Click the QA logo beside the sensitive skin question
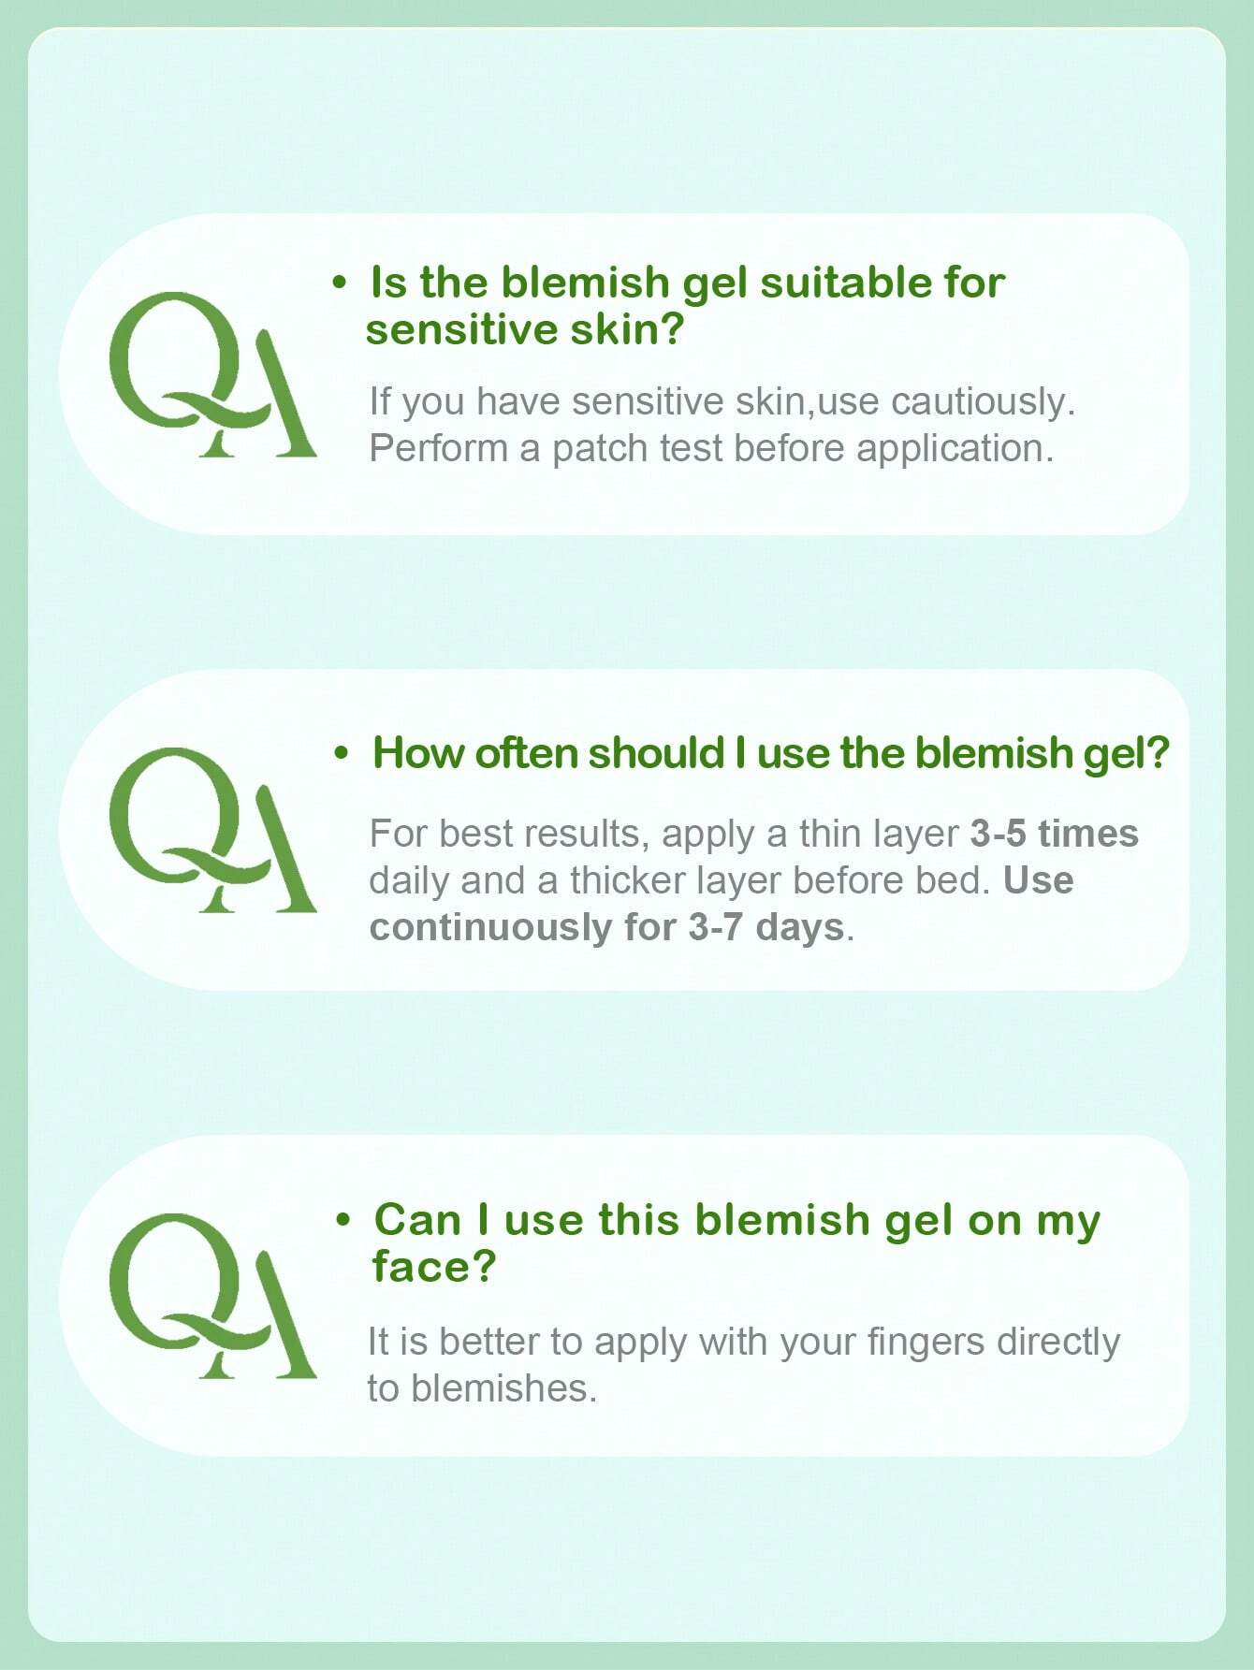(212, 374)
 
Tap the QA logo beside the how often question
(212, 830)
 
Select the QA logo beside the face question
(212, 1296)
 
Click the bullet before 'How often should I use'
(342, 753)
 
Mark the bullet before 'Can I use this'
(343, 1219)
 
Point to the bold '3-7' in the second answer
(717, 927)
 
